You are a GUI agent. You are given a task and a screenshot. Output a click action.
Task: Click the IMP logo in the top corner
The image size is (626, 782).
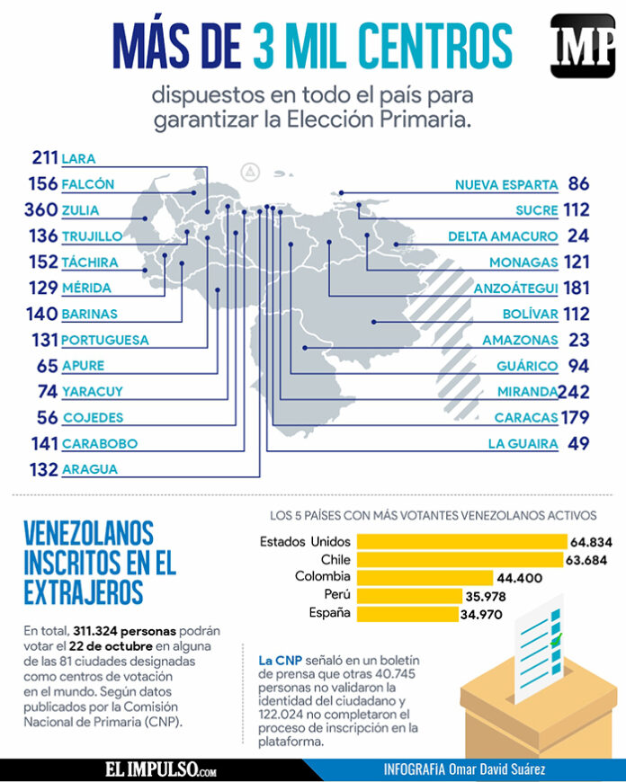click(583, 46)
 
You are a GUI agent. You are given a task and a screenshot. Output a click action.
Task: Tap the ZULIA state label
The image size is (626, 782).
click(81, 210)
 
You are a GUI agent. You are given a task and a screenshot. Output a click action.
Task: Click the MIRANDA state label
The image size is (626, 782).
click(526, 392)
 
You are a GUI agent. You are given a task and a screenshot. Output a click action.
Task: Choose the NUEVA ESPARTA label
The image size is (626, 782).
click(506, 184)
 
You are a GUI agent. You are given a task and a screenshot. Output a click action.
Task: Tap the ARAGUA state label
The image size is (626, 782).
click(90, 469)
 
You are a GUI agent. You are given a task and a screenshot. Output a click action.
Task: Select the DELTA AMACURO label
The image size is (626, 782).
click(503, 236)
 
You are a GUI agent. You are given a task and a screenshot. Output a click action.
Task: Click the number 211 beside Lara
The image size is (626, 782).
click(44, 158)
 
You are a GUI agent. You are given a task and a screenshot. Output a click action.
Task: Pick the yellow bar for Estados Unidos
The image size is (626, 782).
click(461, 541)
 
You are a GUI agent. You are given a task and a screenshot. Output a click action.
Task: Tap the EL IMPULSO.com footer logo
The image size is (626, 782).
click(159, 770)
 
